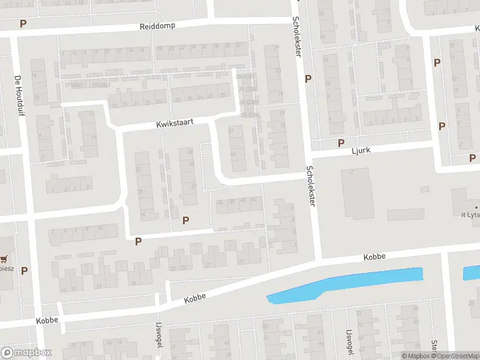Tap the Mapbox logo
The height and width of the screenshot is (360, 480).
(x=26, y=353)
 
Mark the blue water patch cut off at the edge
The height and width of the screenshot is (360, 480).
(x=472, y=274)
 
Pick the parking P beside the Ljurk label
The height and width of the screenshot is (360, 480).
(x=341, y=143)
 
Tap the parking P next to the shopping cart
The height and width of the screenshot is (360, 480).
(x=25, y=271)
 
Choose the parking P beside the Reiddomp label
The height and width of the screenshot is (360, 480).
(x=23, y=24)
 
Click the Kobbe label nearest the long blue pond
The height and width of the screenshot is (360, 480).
(x=374, y=257)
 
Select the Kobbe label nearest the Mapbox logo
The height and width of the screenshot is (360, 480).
(x=46, y=320)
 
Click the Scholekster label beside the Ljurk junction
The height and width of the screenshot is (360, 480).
(x=310, y=186)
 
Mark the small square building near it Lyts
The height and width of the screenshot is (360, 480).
(x=425, y=190)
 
